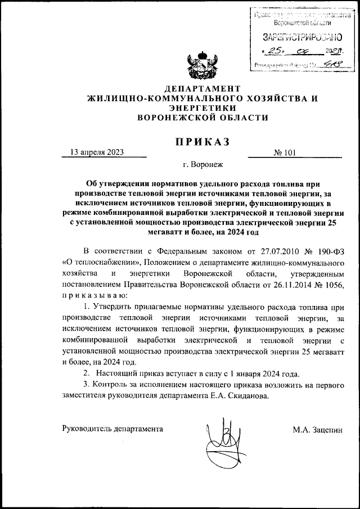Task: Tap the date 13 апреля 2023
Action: coord(97,152)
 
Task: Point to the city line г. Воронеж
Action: coord(202,165)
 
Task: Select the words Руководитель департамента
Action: coord(112,429)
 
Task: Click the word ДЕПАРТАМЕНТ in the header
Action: coord(202,89)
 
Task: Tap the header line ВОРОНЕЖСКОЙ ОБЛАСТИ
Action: coord(202,117)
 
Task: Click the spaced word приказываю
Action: coord(95,296)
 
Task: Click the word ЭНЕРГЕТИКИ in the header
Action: coord(202,107)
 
